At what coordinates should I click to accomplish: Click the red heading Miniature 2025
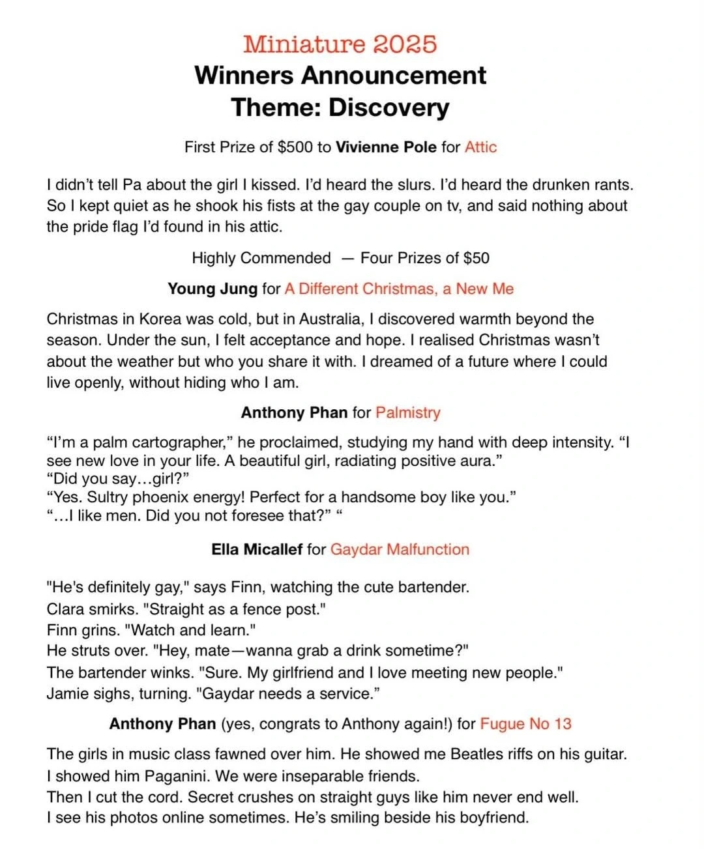(340, 44)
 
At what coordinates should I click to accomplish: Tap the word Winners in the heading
(244, 76)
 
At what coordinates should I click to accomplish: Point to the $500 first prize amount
(295, 147)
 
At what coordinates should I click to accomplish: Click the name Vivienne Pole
(386, 147)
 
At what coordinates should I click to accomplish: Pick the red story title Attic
(480, 147)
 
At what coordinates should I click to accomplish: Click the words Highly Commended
(261, 258)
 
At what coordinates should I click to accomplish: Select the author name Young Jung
(213, 289)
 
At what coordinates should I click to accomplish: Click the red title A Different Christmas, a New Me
(399, 289)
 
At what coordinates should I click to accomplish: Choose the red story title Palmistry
(408, 412)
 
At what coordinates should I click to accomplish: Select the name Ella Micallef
(257, 549)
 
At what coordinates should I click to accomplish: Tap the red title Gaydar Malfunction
(400, 549)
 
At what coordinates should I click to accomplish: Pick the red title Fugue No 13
(525, 724)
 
